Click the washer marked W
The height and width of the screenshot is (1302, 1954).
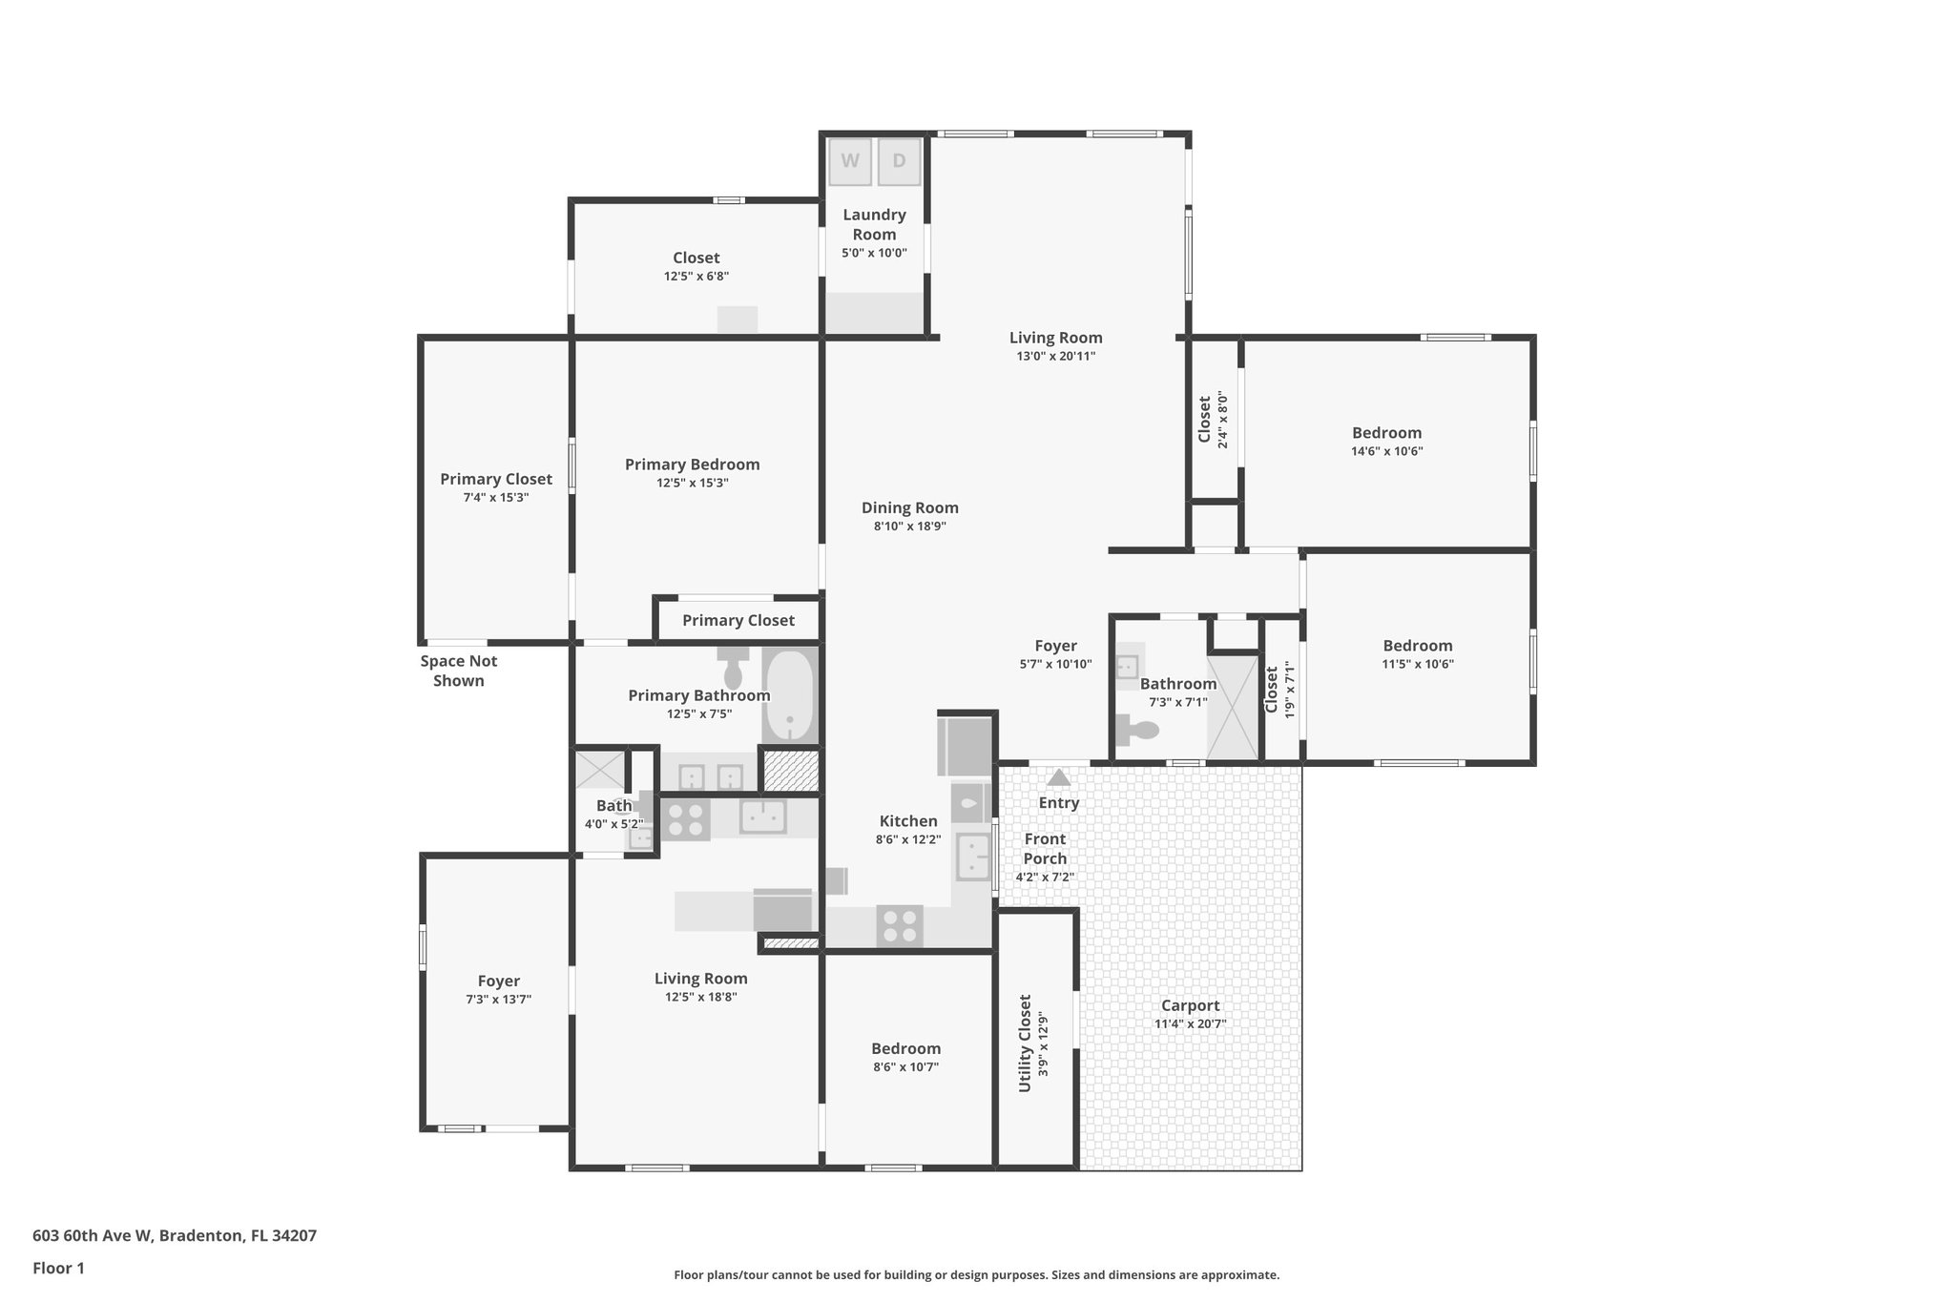coord(849,161)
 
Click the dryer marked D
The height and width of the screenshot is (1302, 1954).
coord(899,161)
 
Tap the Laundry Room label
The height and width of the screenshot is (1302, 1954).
coord(874,224)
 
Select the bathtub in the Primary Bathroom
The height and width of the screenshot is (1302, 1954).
coord(789,694)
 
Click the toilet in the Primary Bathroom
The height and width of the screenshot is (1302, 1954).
coord(733,667)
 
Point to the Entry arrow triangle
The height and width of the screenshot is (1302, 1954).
coord(1059,777)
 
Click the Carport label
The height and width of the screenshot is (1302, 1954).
coord(1190,1005)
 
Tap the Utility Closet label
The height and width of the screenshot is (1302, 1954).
coord(1025,1044)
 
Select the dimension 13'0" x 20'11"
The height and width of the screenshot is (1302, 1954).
coord(1055,357)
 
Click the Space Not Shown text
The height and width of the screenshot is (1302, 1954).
coord(459,671)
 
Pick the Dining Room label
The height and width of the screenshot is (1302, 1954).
coord(909,507)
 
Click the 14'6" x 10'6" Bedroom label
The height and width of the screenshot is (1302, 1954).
coord(1386,433)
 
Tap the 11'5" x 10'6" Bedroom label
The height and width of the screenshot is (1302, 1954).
coord(1418,646)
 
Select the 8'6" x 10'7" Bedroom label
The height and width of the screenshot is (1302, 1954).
coord(905,1048)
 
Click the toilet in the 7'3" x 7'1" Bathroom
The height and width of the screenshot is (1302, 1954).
coord(1137,729)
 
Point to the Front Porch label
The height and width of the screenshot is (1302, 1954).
coord(1045,848)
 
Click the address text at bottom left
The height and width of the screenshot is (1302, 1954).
coord(175,1235)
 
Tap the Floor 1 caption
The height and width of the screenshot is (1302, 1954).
coord(58,1268)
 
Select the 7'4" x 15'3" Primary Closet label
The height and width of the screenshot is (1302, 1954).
coord(495,479)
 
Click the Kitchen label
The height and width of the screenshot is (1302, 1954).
coord(907,820)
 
